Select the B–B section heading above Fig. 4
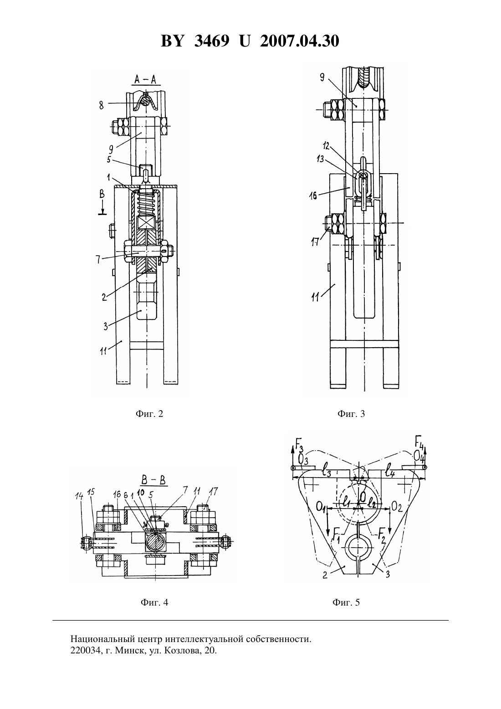[153, 480]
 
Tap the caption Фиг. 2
[149, 414]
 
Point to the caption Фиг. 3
[351, 414]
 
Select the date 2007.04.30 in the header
[300, 41]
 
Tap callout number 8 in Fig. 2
[101, 105]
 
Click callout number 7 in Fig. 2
[98, 260]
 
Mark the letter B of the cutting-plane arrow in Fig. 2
[102, 194]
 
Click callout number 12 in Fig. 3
[326, 146]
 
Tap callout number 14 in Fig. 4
[79, 496]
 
